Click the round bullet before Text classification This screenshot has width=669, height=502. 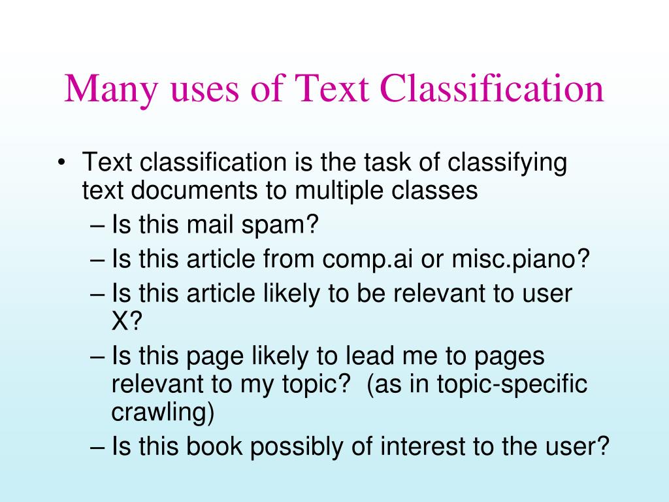(x=61, y=162)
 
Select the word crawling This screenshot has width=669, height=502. (x=162, y=413)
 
